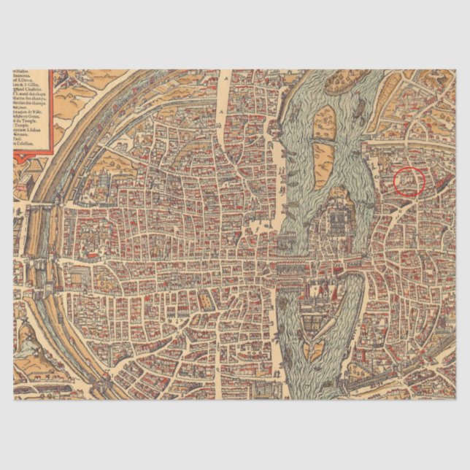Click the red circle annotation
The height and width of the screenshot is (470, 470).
pos(409,181)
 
